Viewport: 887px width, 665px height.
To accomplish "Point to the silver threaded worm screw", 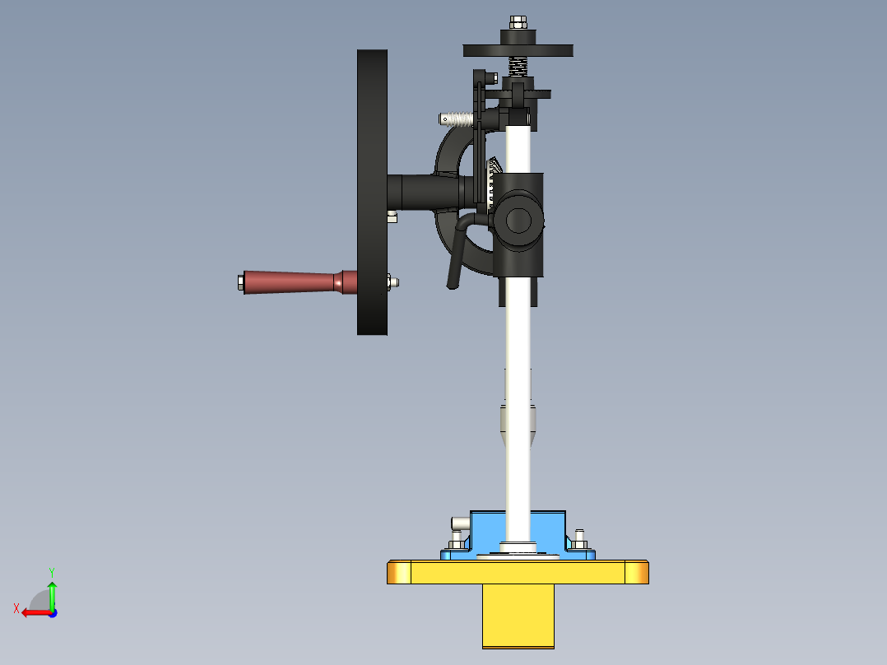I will [x=457, y=119].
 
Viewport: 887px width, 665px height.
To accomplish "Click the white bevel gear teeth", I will [x=494, y=177].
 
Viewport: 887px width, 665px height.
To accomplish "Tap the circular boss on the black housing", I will [x=518, y=219].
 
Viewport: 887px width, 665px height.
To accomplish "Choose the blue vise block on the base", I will [x=518, y=531].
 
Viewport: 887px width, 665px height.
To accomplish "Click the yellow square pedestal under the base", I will [x=518, y=616].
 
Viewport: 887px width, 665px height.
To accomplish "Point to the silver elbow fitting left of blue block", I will [x=457, y=523].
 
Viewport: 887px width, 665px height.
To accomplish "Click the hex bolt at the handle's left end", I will [x=239, y=281].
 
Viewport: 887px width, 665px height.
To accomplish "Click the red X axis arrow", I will [x=33, y=612].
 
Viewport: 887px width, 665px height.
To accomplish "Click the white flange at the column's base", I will [x=518, y=548].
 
